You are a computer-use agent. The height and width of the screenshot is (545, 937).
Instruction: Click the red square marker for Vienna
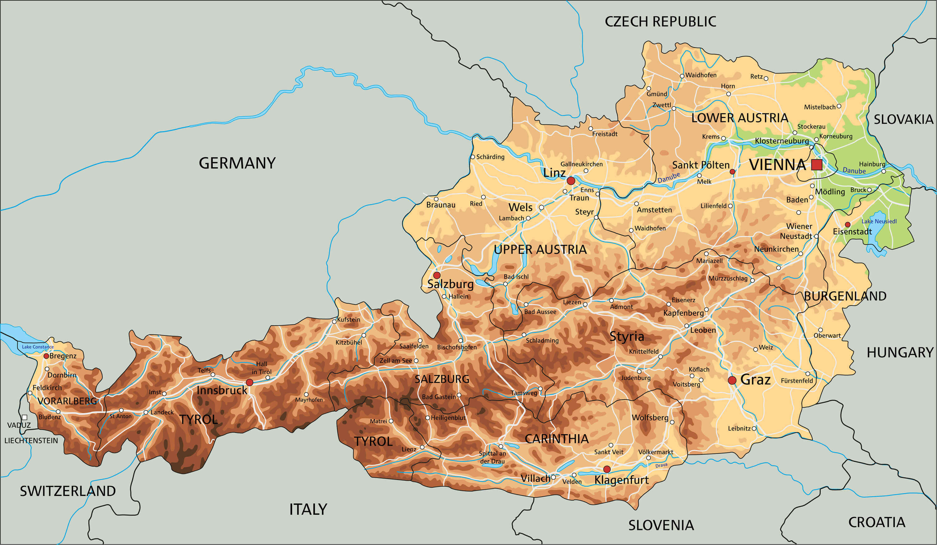pos(816,165)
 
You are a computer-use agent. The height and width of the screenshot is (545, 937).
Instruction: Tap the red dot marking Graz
pos(732,380)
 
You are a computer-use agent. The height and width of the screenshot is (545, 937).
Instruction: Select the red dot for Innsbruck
pos(250,382)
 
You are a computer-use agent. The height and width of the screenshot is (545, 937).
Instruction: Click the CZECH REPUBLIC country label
pos(660,22)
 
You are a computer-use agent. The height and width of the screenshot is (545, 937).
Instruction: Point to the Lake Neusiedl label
pos(879,221)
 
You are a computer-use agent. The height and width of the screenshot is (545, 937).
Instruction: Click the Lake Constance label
pos(37,347)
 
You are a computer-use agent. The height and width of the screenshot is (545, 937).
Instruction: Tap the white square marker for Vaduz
pos(25,417)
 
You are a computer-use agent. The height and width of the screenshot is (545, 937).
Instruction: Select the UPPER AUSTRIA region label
pos(540,249)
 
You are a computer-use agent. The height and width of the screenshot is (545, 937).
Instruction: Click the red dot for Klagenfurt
pos(607,469)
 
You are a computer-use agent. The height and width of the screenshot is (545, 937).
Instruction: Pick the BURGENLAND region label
pos(845,296)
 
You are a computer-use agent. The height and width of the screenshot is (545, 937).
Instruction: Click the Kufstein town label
pos(348,319)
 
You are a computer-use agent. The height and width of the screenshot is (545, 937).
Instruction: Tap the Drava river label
pos(661,465)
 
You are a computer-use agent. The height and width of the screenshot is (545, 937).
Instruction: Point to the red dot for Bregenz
pos(46,356)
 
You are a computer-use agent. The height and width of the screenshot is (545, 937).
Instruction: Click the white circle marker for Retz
pos(766,78)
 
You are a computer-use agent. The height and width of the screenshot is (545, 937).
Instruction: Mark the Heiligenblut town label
pos(448,418)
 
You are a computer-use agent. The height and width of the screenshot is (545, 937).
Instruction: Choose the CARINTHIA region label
pos(557,439)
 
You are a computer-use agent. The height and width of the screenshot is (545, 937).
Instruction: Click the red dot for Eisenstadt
pos(847,224)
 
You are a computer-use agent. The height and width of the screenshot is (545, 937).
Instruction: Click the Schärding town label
pos(490,157)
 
